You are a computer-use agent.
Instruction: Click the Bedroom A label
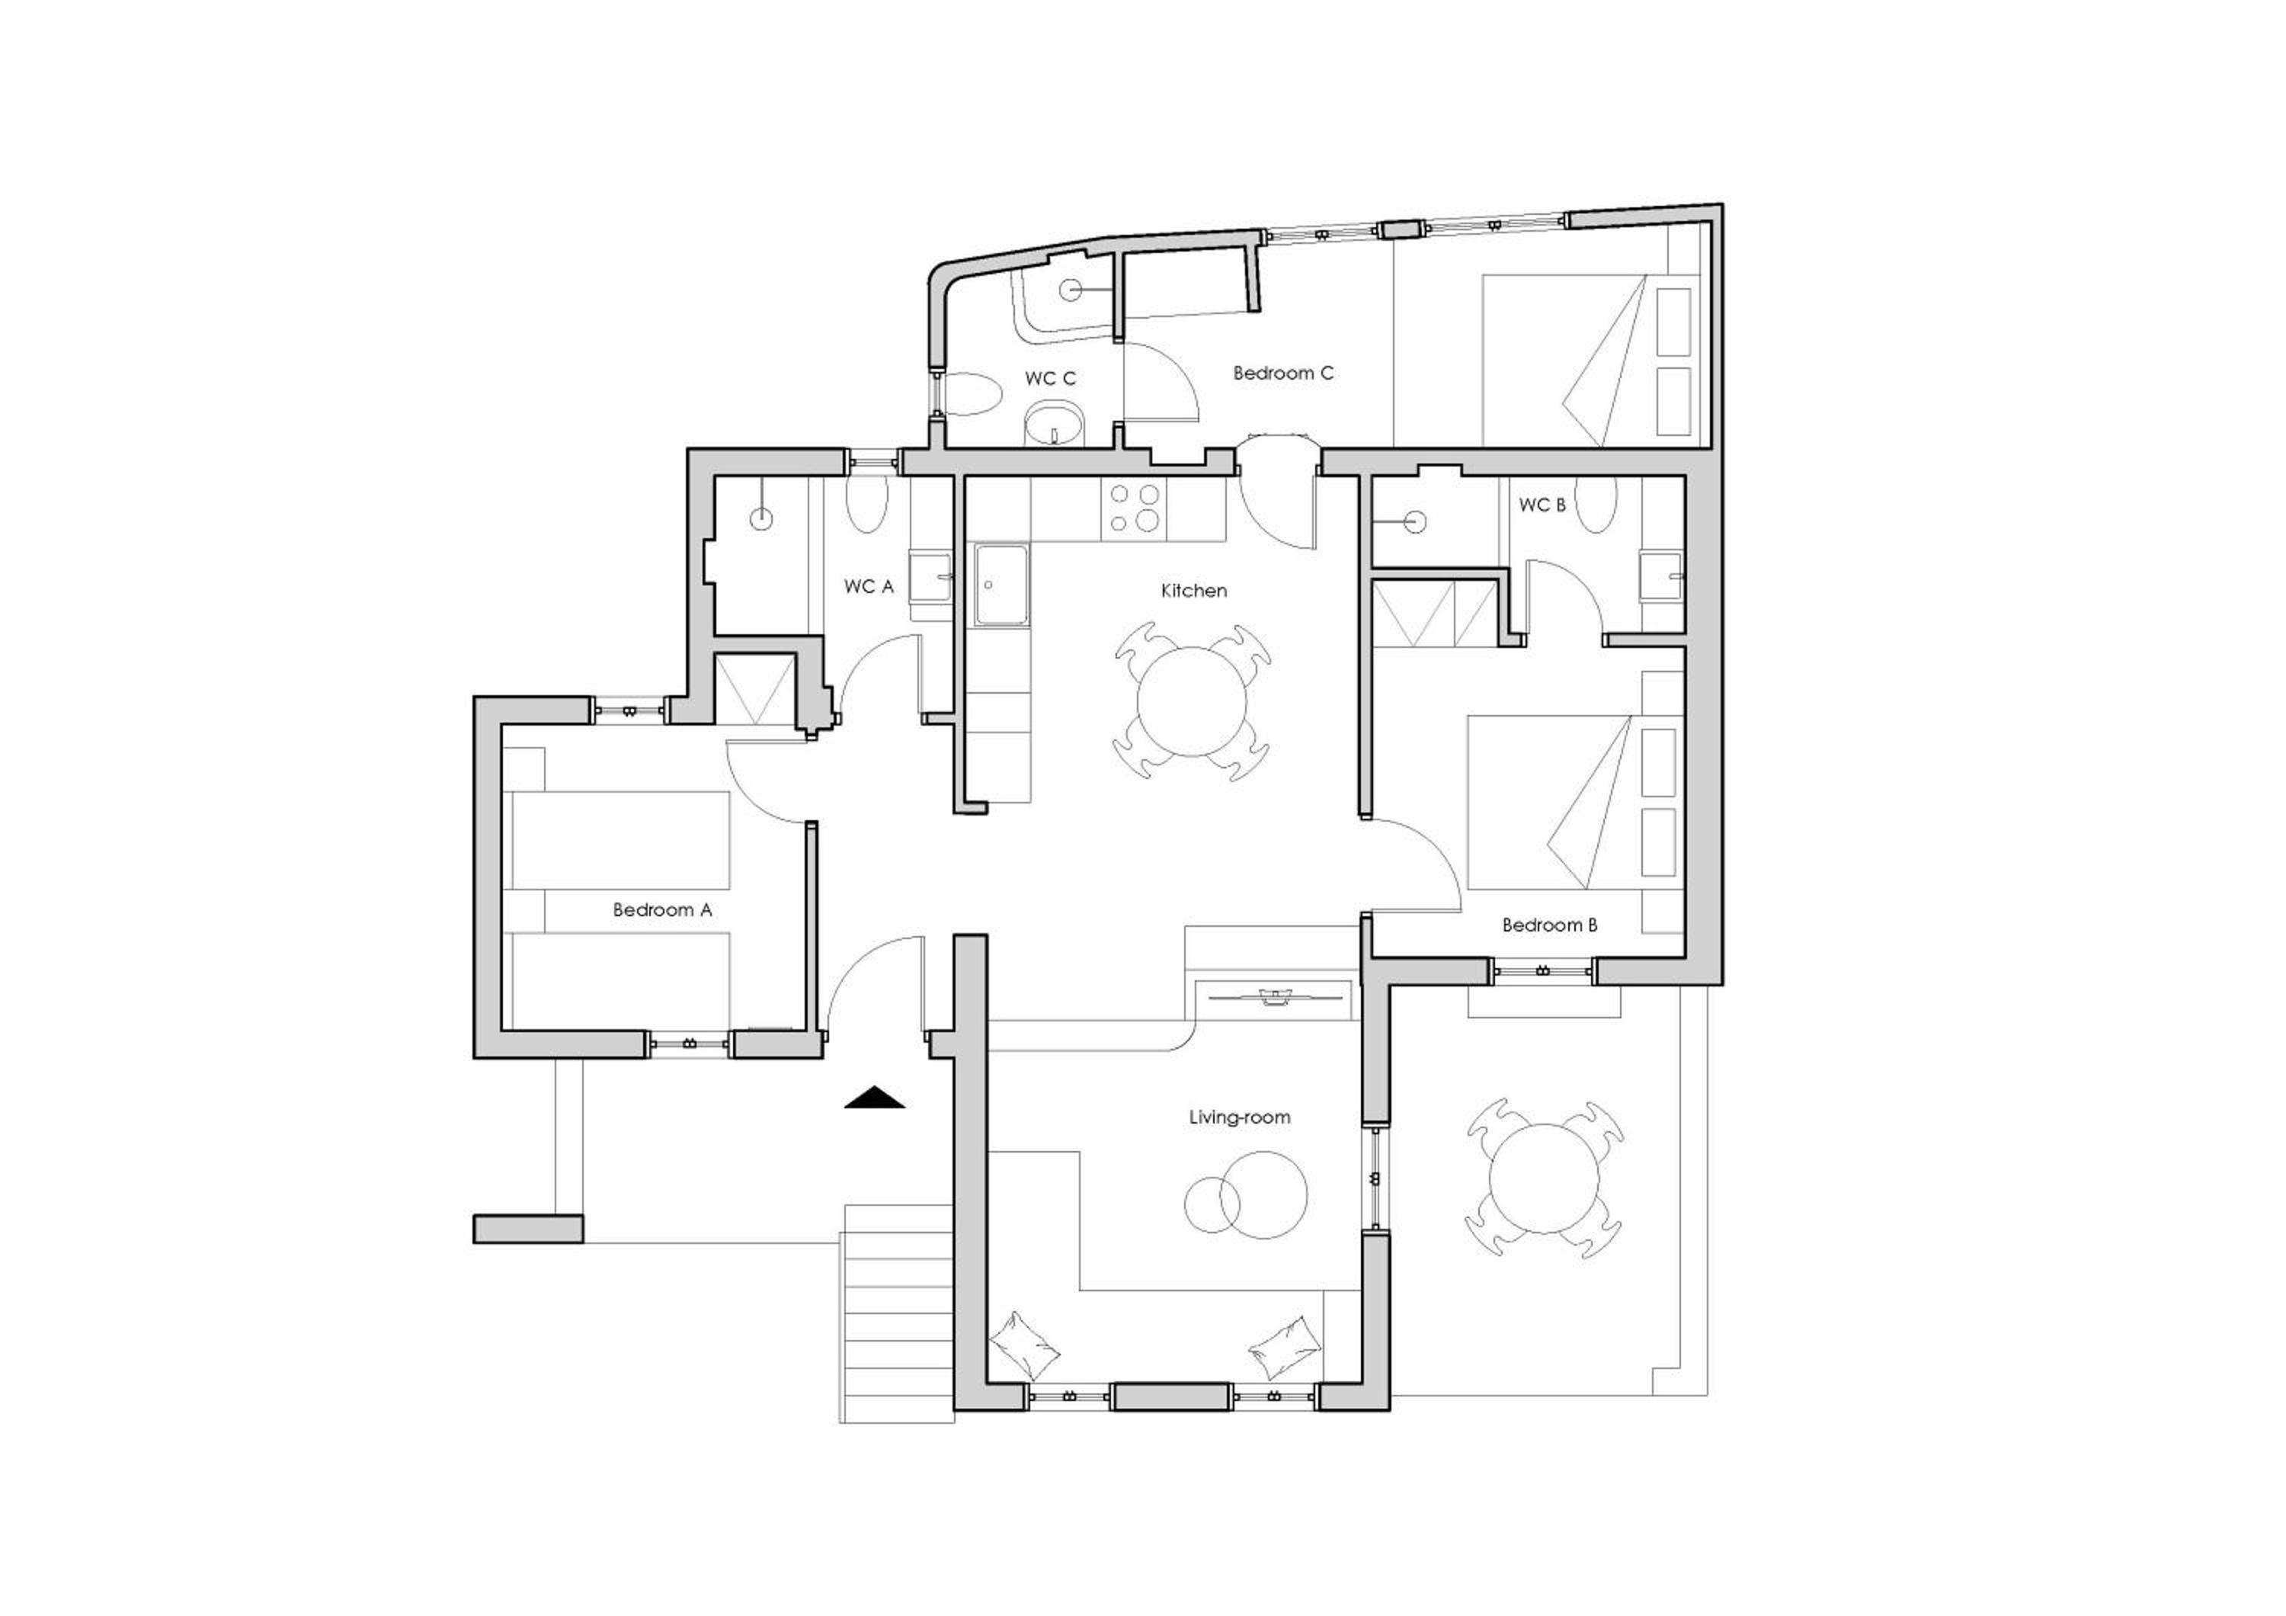(x=662, y=910)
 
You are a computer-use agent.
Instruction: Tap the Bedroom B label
(x=1549, y=925)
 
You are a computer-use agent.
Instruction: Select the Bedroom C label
(x=1282, y=374)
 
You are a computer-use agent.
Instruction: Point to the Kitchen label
(x=1194, y=591)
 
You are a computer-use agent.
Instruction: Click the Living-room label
(x=1240, y=1117)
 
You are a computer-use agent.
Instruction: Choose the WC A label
(x=868, y=586)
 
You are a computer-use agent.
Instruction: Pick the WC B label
(x=1542, y=505)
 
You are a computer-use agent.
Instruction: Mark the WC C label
(x=1050, y=378)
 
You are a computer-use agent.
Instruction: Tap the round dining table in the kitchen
(x=1192, y=702)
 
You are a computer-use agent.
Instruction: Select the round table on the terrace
(x=1545, y=1179)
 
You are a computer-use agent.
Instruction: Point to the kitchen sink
(x=1001, y=585)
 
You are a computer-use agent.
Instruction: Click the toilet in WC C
(x=968, y=394)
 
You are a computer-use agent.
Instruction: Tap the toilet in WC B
(x=1597, y=504)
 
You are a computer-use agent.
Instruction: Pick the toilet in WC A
(x=865, y=504)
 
